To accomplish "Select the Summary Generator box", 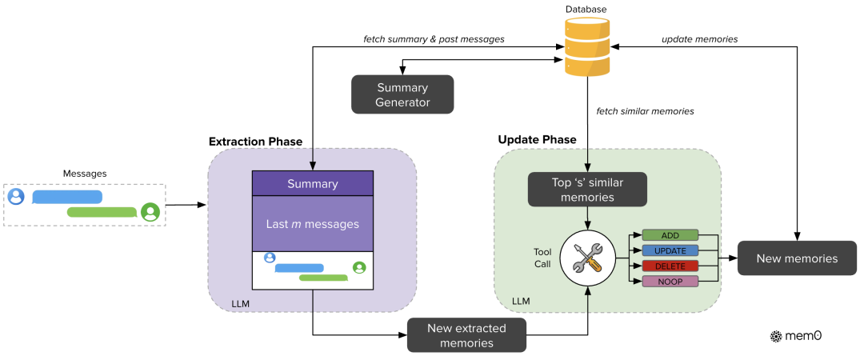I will [x=402, y=94].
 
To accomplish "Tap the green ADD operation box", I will [x=670, y=235].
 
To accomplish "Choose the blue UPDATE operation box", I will [x=670, y=250].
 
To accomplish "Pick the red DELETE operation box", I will [x=670, y=266].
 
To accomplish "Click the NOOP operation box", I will [x=670, y=281].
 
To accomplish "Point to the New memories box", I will [x=797, y=258].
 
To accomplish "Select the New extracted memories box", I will [x=466, y=334].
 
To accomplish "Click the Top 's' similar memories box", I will [x=587, y=190].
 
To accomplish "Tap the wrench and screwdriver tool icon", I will [x=588, y=258].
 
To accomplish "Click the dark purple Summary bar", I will [x=313, y=184].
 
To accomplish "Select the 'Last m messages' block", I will [x=313, y=224].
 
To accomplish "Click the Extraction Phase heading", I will [x=255, y=142].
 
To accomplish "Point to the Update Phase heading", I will [x=537, y=139].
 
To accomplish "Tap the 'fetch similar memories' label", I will [x=645, y=111].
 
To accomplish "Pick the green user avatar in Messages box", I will [x=150, y=212].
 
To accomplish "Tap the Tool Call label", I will [x=542, y=258].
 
